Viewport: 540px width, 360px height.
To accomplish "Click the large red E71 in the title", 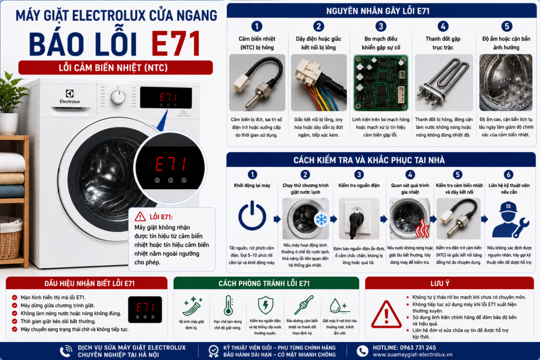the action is [x=176, y=44].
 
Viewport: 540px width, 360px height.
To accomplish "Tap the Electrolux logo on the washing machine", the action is [x=70, y=96].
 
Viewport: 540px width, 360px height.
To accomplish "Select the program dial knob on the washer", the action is [x=118, y=97].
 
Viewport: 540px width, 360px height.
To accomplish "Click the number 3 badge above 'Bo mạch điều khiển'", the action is [x=381, y=26].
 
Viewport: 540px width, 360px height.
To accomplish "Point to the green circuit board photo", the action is [x=381, y=83].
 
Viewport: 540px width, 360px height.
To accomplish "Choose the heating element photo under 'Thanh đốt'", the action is [x=443, y=83].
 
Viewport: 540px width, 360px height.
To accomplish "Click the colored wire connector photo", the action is [x=319, y=83].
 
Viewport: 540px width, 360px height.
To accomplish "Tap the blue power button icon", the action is [x=252, y=216].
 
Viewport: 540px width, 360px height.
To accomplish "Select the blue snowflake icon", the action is [x=321, y=219].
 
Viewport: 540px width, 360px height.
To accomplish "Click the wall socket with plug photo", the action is [x=359, y=219].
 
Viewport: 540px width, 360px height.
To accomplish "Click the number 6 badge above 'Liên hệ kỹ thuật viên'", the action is [x=508, y=174].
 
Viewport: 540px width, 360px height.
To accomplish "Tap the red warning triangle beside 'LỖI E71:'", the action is [x=140, y=217].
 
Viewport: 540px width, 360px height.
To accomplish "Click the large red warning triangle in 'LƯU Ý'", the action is [x=386, y=315].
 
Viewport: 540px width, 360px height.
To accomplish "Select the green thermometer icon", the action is [x=228, y=305].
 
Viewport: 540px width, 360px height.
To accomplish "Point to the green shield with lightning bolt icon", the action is [x=266, y=305].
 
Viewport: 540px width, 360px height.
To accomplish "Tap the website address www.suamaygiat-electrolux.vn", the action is [x=412, y=355].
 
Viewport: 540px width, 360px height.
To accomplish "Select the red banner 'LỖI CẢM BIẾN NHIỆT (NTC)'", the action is [x=115, y=67].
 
